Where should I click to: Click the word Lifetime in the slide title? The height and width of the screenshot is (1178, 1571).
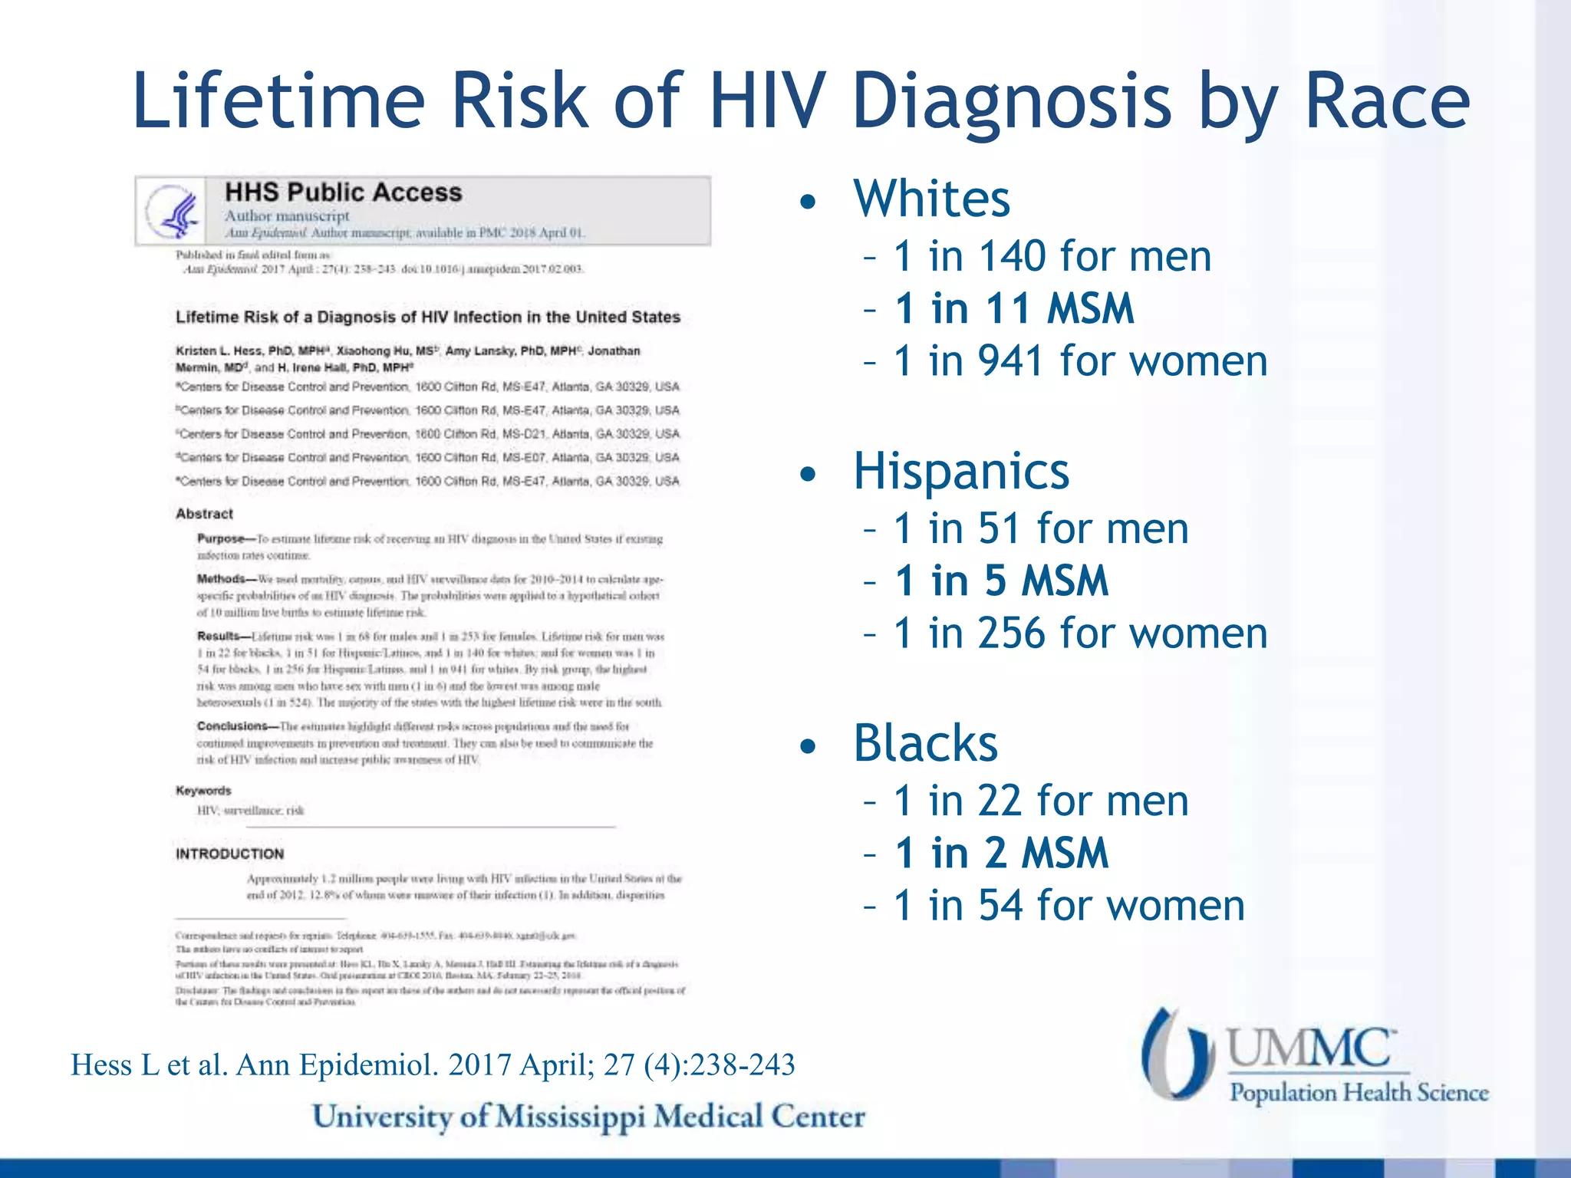(278, 101)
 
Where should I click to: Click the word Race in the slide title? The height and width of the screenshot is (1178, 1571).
(1386, 101)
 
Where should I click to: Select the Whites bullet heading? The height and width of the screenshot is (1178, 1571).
(931, 199)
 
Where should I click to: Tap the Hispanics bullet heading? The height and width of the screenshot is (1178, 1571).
(960, 471)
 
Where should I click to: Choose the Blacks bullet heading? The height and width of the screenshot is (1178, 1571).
(925, 743)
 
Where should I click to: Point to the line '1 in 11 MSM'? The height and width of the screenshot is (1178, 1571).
(1013, 308)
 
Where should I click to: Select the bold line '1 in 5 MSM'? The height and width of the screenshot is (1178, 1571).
(1001, 581)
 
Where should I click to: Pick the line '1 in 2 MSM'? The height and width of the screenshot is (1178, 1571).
(1001, 853)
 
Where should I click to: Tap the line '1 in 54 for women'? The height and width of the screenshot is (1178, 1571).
(1069, 905)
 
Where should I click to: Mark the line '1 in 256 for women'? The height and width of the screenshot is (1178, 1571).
(1080, 633)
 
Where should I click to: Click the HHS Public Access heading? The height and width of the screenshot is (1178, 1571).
(343, 192)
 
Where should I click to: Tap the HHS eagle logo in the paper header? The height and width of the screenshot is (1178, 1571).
(172, 211)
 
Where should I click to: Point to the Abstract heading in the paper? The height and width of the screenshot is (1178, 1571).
(204, 514)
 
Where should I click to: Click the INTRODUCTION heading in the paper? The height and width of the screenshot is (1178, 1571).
(229, 854)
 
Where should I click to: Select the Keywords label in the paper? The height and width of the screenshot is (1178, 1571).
(203, 791)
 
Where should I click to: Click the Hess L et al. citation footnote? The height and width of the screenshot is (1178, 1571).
(433, 1064)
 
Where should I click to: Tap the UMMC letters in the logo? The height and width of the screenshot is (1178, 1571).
(1310, 1048)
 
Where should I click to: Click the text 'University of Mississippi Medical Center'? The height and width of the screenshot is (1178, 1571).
(588, 1117)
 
